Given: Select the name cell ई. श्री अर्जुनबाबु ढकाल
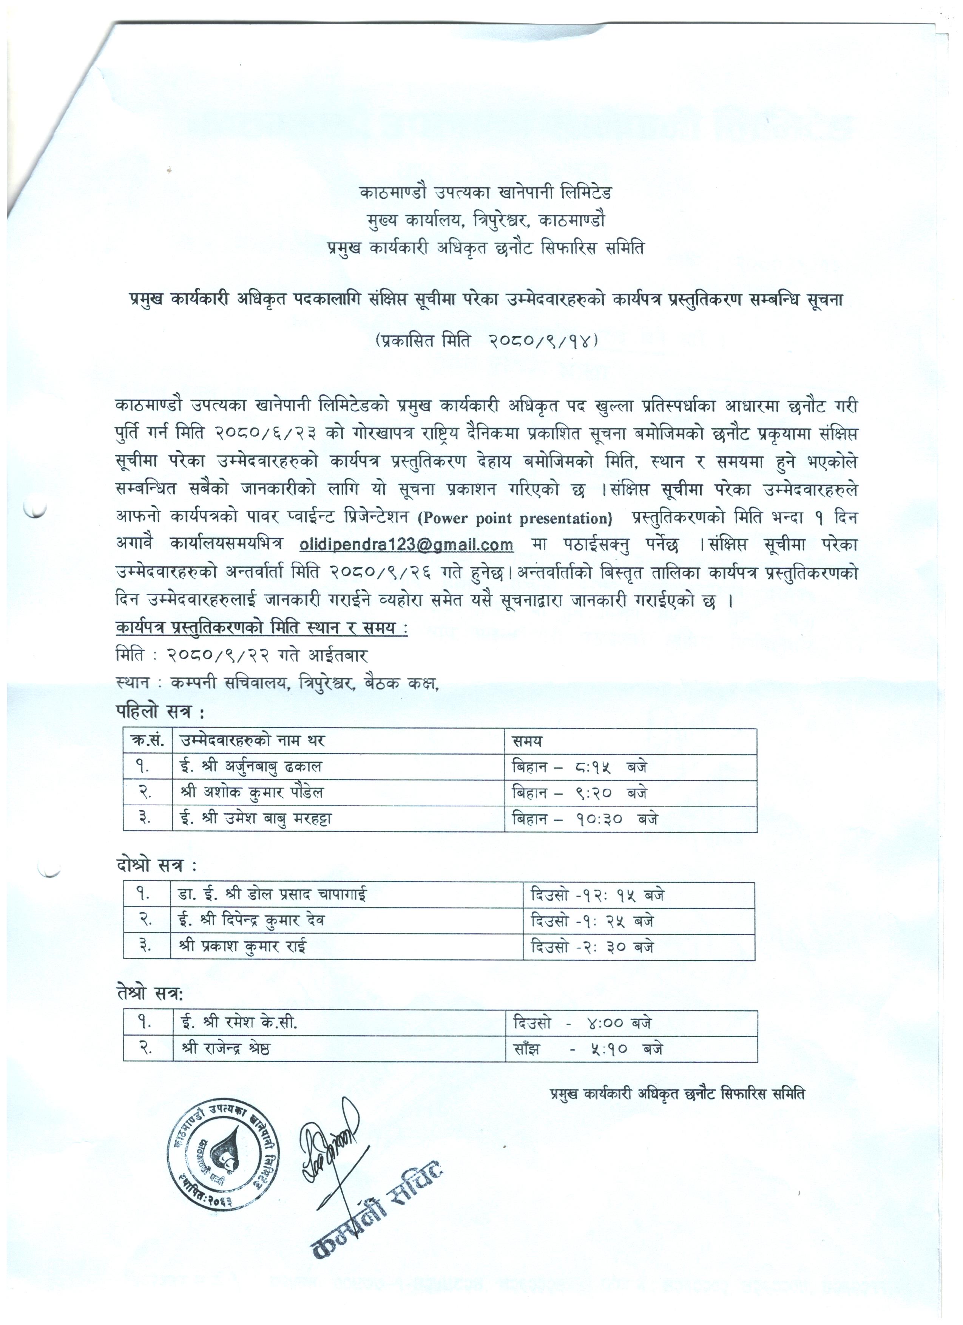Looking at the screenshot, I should [251, 766].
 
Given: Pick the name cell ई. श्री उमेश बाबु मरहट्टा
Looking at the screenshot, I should [256, 819].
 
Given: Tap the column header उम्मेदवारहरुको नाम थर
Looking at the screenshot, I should [253, 741].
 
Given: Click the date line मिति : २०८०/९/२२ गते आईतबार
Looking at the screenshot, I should [242, 655].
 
